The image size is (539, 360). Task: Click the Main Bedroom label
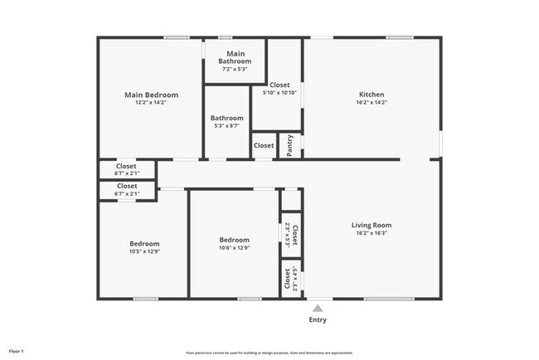(151, 95)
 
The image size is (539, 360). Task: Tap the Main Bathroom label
(234, 57)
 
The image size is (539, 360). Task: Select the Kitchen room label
(371, 95)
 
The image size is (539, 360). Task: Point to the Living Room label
(371, 225)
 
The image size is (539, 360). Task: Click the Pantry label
(289, 144)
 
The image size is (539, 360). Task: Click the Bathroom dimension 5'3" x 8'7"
(226, 127)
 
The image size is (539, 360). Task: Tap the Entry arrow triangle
(318, 308)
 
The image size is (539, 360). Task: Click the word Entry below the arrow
(318, 320)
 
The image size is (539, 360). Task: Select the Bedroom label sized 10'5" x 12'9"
(143, 244)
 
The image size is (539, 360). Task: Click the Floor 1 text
(17, 351)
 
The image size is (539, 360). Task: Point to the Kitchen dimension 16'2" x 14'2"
(371, 105)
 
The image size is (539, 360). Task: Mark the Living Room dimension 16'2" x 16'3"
(371, 234)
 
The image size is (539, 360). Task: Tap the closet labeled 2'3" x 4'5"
(291, 280)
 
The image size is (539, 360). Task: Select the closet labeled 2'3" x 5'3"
(291, 235)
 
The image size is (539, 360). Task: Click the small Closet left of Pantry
(264, 145)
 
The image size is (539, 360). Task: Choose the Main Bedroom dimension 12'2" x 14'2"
(151, 105)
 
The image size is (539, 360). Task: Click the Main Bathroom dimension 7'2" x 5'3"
(234, 69)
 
